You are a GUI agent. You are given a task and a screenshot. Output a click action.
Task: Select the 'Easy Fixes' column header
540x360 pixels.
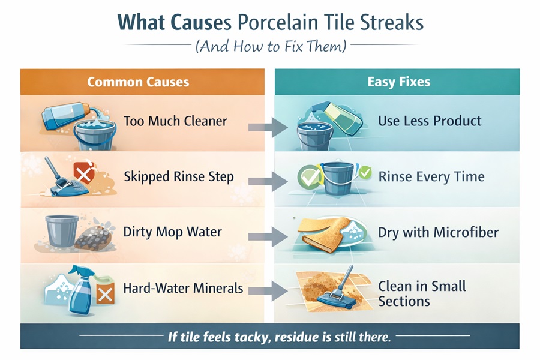pyautogui.click(x=398, y=82)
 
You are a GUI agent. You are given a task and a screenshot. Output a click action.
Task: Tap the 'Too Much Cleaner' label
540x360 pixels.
pyautogui.click(x=175, y=121)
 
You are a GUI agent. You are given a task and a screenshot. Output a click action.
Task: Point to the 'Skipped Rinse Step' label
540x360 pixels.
pyautogui.click(x=178, y=176)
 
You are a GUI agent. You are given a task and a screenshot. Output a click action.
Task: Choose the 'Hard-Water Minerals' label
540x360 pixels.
pyautogui.click(x=183, y=288)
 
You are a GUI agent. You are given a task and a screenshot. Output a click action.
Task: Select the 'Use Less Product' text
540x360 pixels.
pyautogui.click(x=430, y=121)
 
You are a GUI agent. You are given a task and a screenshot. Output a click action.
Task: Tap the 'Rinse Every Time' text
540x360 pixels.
pyautogui.click(x=431, y=176)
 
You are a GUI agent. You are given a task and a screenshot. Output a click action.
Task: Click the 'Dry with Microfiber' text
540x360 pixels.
pyautogui.click(x=438, y=232)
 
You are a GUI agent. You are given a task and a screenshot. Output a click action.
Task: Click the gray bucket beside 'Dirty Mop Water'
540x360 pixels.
pyautogui.click(x=62, y=230)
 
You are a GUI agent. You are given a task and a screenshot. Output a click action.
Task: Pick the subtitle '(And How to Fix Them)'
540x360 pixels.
pyautogui.click(x=270, y=46)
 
